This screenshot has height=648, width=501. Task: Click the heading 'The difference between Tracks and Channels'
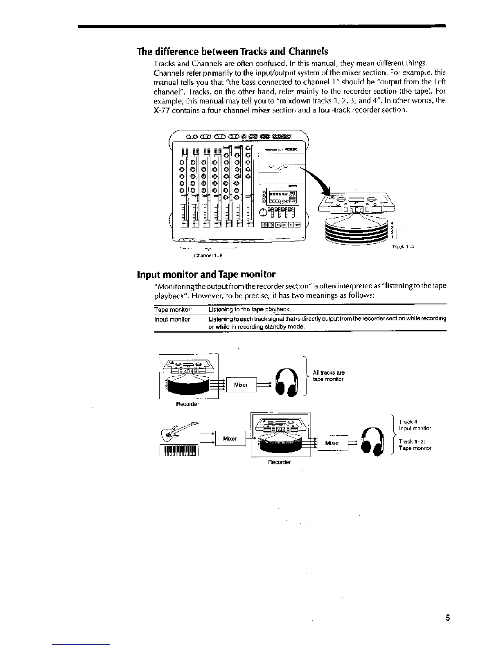click(232, 52)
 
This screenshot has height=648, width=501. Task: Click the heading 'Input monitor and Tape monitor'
click(206, 274)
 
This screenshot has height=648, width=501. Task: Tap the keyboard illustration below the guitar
click(181, 450)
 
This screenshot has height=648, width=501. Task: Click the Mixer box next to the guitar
click(230, 439)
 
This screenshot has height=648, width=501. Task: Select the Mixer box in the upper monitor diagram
click(241, 385)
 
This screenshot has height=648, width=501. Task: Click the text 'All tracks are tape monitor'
click(328, 376)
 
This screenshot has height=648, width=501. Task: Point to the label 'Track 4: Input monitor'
click(415, 425)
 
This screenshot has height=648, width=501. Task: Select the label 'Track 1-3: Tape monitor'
click(415, 445)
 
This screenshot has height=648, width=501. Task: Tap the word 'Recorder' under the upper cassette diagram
click(187, 404)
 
